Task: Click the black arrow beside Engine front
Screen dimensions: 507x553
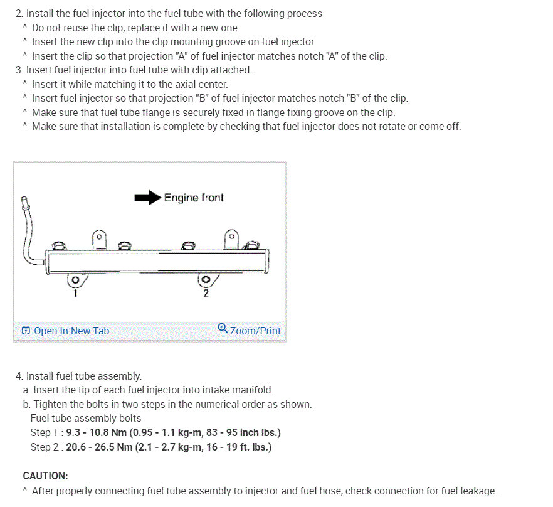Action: (x=147, y=198)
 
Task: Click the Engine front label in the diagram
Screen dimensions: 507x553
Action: (x=194, y=198)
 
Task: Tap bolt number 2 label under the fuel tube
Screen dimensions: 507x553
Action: (x=206, y=294)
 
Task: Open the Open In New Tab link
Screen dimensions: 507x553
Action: (x=71, y=331)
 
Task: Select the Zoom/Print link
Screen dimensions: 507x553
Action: (x=255, y=331)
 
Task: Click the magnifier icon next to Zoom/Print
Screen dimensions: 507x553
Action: (x=223, y=328)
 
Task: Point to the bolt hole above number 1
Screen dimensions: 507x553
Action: (x=75, y=280)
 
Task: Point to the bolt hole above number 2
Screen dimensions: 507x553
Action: (x=205, y=280)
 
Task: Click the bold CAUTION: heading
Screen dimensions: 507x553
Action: (x=45, y=476)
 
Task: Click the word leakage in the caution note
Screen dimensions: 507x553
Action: (x=478, y=491)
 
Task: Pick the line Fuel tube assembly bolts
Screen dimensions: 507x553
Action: (x=85, y=418)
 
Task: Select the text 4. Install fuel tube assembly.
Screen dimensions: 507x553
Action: (x=78, y=376)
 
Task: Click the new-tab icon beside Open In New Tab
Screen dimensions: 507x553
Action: (x=26, y=331)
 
